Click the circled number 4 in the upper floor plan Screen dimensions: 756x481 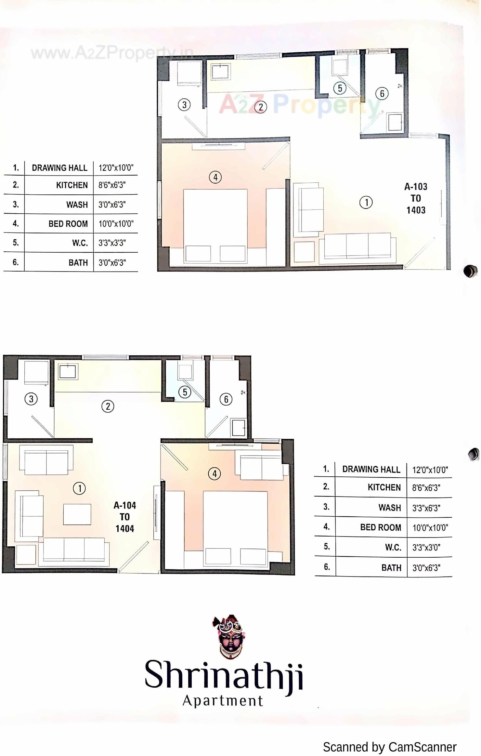coord(215,177)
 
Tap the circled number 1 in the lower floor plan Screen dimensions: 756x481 coord(79,488)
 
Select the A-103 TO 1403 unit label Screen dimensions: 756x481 coord(416,198)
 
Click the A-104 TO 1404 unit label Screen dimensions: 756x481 coord(124,517)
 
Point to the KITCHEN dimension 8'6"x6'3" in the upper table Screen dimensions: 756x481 coord(112,185)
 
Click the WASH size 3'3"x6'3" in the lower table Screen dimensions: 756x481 coord(426,508)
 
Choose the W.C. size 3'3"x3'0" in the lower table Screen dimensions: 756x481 coord(426,548)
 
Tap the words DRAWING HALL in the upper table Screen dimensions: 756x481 coord(59,168)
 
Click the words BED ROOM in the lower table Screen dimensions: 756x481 coord(380,527)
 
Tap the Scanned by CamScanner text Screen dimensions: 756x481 coord(389,747)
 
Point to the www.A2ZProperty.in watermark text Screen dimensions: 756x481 coord(112,53)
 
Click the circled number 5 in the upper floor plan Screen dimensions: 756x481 coord(340,88)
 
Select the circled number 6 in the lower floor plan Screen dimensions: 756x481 coord(226,399)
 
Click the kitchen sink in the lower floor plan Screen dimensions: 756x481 coord(68,371)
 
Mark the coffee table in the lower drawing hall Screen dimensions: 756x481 coord(77,514)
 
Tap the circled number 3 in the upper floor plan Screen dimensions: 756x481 coord(184,105)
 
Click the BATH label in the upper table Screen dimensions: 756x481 coord(78,262)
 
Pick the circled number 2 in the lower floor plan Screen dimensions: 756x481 coord(108,406)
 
